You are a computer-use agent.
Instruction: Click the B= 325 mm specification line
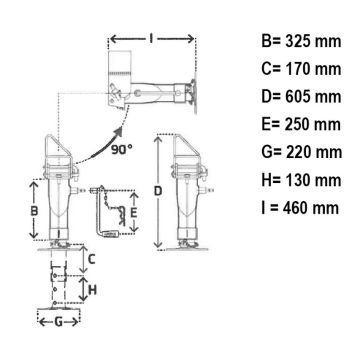301,42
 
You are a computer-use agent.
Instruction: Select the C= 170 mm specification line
301,69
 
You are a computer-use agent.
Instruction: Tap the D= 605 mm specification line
301,97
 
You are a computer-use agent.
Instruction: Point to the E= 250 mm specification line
301,125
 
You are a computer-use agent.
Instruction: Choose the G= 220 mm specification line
302,152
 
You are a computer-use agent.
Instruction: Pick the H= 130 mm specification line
301,180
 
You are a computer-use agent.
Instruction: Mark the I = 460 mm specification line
300,208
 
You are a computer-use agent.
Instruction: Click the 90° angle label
121,150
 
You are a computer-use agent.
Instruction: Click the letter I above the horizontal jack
151,39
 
